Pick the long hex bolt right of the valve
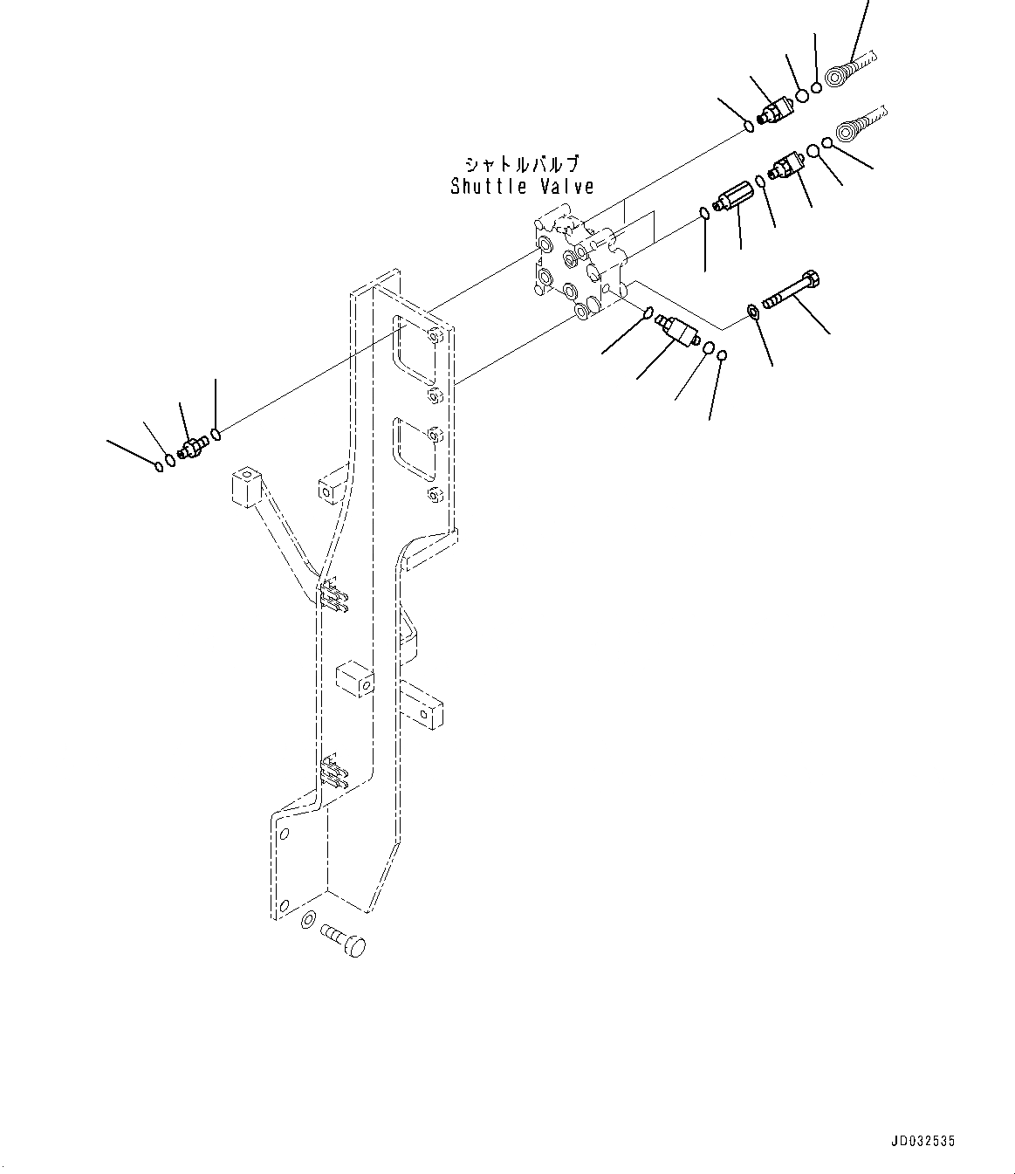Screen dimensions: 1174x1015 [x=792, y=292]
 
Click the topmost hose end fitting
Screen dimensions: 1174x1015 [x=847, y=71]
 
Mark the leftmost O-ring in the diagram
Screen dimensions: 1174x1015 [x=158, y=465]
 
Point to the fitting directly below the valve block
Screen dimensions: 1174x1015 [x=676, y=331]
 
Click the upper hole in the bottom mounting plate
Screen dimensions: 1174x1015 [x=282, y=834]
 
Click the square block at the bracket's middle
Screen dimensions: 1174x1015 [x=354, y=680]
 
